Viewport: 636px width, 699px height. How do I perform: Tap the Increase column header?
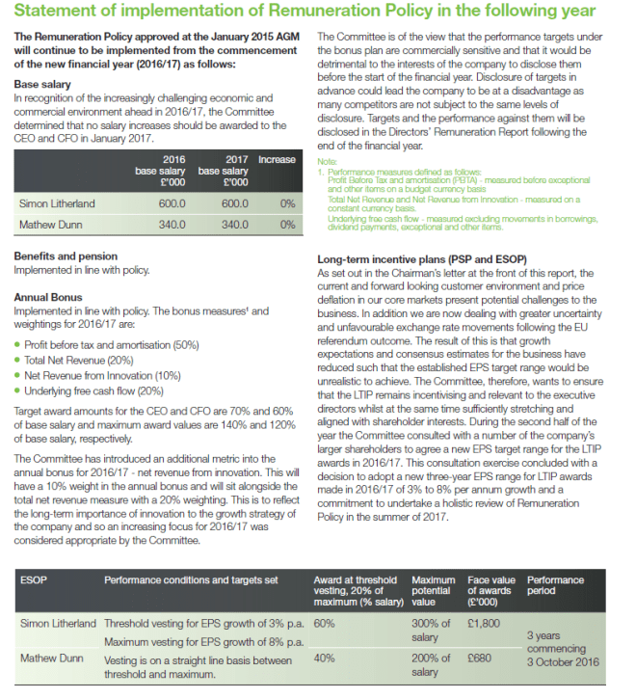click(x=278, y=159)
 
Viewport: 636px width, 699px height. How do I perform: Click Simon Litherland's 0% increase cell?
click(x=286, y=203)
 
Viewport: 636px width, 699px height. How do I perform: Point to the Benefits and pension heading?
click(x=80, y=256)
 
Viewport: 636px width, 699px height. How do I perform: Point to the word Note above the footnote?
click(x=327, y=160)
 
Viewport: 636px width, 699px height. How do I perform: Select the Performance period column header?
click(x=556, y=586)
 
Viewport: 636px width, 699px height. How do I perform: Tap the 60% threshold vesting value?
click(x=324, y=623)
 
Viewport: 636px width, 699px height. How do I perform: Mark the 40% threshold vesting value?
click(x=324, y=659)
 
